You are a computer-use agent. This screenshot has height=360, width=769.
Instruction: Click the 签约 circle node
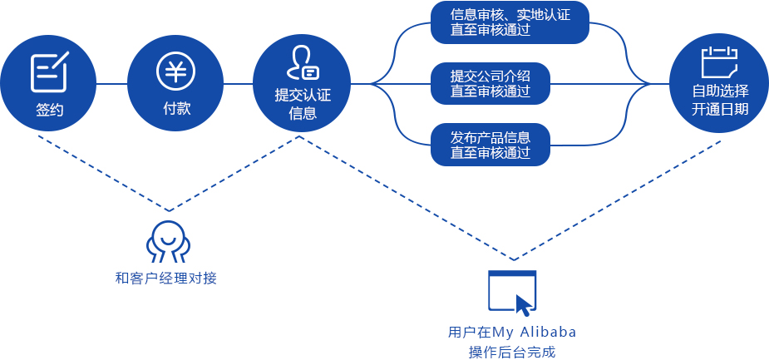49,83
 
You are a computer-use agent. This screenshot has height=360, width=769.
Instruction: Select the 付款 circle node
176,83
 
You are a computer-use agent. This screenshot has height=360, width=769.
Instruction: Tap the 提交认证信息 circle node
303,83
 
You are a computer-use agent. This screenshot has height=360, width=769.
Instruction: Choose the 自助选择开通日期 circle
719,83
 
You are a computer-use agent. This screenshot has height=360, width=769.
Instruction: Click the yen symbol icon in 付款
176,70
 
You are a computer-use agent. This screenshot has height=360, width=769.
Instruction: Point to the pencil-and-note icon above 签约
49,72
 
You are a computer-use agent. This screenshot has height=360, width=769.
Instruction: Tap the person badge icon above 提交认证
303,63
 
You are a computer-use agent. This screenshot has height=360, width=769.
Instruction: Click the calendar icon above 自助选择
719,62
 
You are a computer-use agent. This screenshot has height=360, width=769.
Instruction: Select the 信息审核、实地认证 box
510,22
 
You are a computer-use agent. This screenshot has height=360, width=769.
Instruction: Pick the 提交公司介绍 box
490,83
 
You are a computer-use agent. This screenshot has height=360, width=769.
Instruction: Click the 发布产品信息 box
490,144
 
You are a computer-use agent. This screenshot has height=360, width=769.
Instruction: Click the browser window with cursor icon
511,293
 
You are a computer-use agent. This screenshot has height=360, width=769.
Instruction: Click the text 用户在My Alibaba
511,332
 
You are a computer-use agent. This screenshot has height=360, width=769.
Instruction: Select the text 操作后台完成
511,352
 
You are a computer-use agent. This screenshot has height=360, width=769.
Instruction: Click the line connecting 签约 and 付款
112,83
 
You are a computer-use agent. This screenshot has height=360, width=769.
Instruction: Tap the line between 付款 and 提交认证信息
239,83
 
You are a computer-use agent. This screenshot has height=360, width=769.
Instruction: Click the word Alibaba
550,332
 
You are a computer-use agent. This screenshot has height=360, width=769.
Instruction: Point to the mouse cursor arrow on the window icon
523,304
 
